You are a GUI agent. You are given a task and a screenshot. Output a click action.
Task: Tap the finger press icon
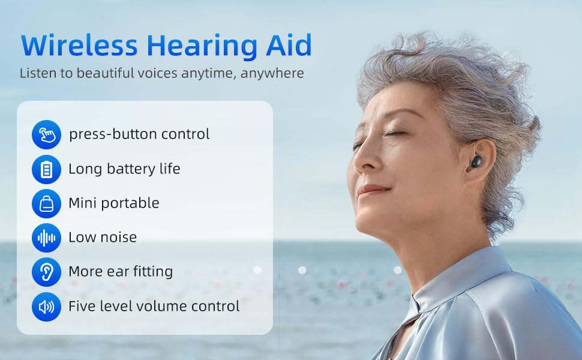tap(46, 134)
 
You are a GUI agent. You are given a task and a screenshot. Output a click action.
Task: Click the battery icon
tap(46, 169)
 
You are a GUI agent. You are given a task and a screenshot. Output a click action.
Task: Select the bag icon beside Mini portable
tap(46, 203)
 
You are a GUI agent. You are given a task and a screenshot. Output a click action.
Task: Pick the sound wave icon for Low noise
tap(46, 238)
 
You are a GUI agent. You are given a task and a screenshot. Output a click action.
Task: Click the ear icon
tap(46, 272)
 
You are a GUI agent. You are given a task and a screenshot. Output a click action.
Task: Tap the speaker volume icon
tap(46, 307)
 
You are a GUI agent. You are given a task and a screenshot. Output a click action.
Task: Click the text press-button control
tap(139, 134)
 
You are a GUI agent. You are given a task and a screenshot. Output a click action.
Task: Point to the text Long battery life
tap(124, 169)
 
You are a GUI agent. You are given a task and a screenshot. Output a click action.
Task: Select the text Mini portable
tap(114, 203)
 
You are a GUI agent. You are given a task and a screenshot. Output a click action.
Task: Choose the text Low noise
tap(103, 238)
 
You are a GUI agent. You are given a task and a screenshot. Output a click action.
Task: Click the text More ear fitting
tap(121, 272)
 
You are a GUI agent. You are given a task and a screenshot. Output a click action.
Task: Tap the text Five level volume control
tap(154, 307)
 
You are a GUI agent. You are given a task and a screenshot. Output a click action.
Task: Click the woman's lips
tap(370, 191)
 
